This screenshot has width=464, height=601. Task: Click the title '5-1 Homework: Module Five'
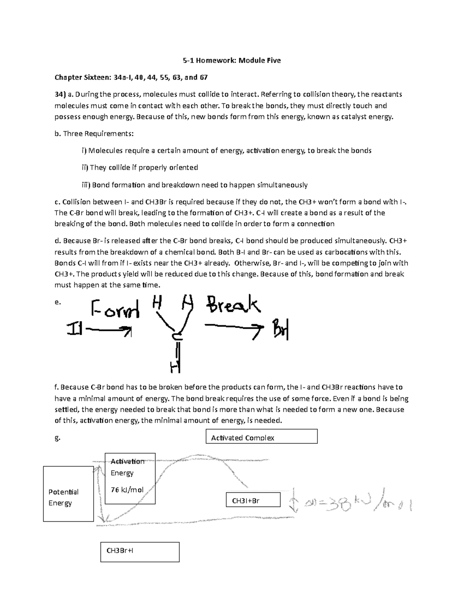point(232,60)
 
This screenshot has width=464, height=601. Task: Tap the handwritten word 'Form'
point(115,309)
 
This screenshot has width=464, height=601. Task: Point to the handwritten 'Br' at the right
point(281,329)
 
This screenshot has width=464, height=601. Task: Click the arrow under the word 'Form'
point(109,330)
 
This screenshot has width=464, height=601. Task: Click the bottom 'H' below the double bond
point(175,366)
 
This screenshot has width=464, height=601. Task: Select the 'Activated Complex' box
point(262,437)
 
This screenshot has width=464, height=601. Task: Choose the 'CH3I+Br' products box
point(253,500)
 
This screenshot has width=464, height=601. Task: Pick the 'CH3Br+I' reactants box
point(140,552)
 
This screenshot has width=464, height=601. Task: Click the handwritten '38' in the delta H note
point(334,503)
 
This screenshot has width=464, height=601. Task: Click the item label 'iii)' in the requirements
point(85,185)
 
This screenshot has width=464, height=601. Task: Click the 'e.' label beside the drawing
point(58,302)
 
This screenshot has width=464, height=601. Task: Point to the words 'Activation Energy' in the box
point(127,467)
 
